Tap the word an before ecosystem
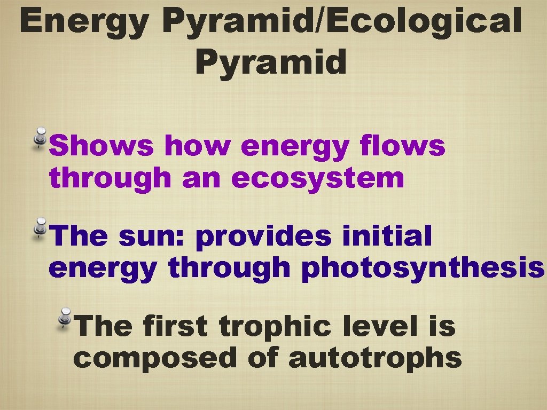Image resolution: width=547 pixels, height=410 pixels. click(x=201, y=178)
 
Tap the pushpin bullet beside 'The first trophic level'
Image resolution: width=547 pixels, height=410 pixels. click(x=65, y=318)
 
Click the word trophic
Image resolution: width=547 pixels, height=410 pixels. click(x=276, y=327)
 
